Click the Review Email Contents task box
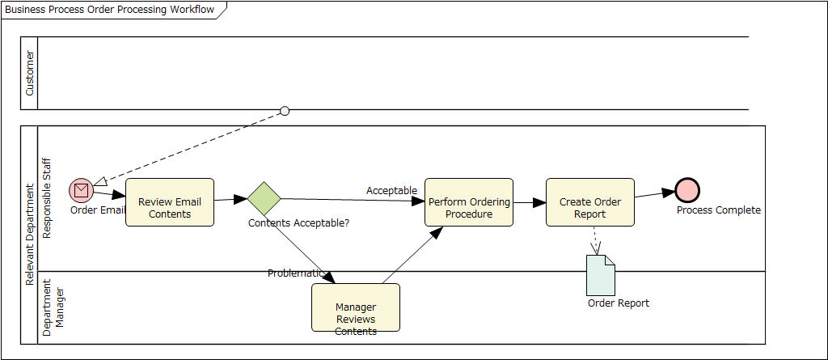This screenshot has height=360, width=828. click(170, 202)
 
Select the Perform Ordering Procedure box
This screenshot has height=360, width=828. click(469, 202)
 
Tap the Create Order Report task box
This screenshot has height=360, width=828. click(590, 202)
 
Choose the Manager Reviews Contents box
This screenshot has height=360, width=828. click(356, 307)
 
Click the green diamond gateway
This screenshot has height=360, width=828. click(264, 197)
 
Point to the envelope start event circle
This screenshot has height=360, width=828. click(81, 189)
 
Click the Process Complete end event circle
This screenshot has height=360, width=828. click(687, 190)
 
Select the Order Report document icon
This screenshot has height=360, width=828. click(601, 275)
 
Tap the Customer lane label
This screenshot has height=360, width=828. click(30, 73)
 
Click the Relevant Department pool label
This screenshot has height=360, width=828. click(29, 235)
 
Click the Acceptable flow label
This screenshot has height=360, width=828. click(391, 191)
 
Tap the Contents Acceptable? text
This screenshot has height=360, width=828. click(298, 222)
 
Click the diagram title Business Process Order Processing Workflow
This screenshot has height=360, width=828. click(110, 10)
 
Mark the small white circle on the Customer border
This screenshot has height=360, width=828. click(285, 111)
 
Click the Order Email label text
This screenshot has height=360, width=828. click(98, 210)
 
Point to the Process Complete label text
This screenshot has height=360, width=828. click(719, 210)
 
